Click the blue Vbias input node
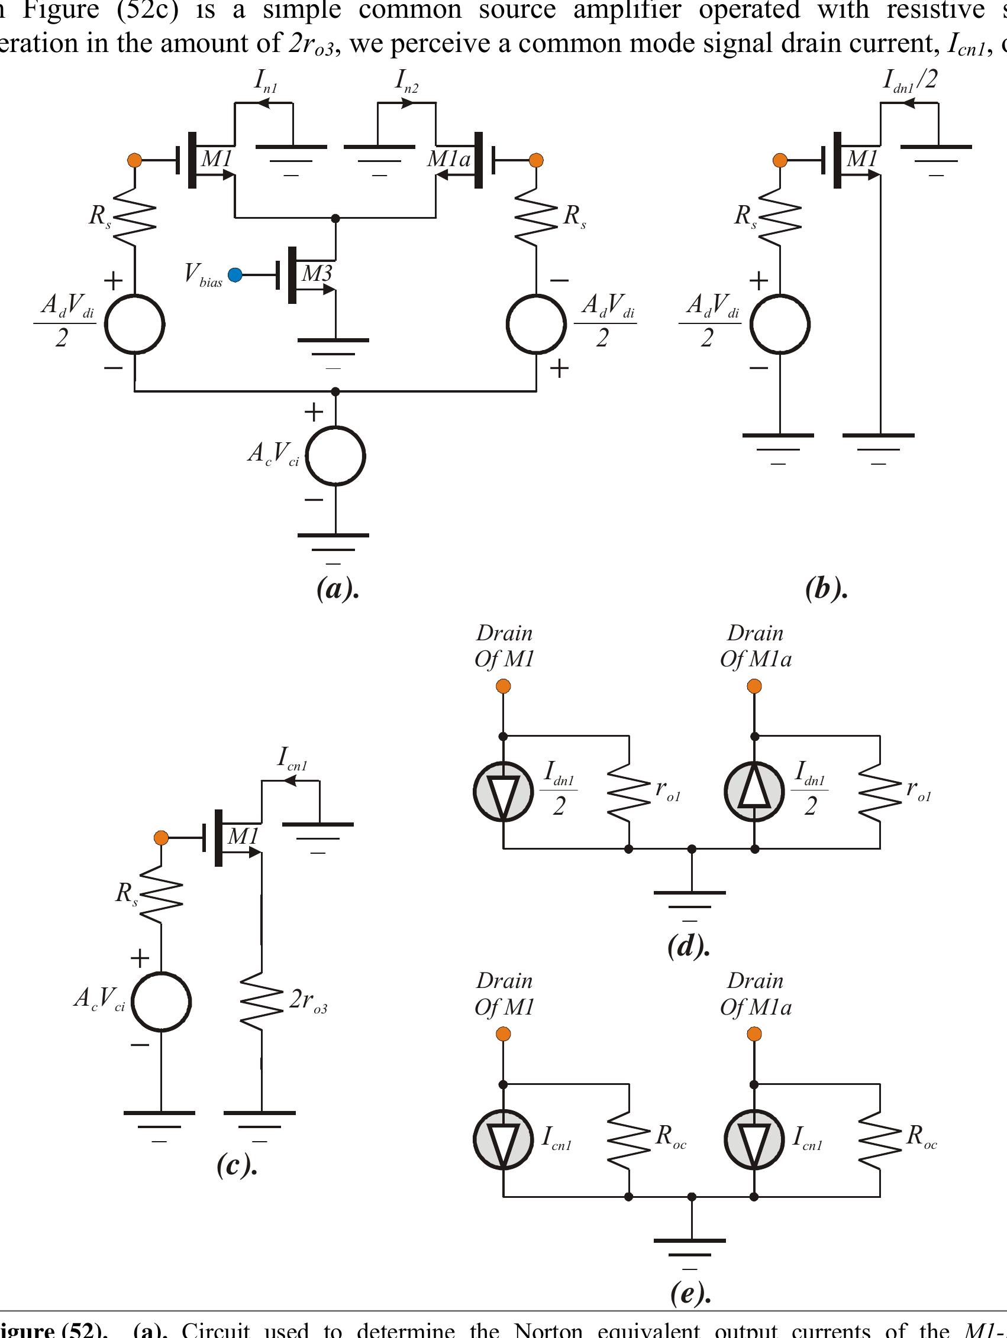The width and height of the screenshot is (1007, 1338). (x=235, y=275)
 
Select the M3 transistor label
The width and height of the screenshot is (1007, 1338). (x=317, y=273)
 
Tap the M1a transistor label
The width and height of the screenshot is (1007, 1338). (x=448, y=159)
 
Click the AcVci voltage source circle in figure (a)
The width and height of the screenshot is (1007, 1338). (x=336, y=455)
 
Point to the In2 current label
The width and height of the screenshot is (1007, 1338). (x=406, y=82)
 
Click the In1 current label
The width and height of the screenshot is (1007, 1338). (x=265, y=82)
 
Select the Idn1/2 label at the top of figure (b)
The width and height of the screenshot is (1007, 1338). (x=909, y=80)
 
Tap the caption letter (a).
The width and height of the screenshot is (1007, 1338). (x=337, y=588)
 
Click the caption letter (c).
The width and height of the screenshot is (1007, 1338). (x=237, y=1165)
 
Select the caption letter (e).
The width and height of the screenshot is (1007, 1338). (x=690, y=1292)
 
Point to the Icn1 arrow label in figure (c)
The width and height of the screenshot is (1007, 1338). (x=292, y=759)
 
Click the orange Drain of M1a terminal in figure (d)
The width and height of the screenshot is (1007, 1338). (x=754, y=686)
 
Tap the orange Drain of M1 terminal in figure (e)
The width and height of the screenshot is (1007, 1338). (x=503, y=1034)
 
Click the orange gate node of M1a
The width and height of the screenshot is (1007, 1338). (x=535, y=160)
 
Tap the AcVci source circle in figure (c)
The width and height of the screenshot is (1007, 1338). (x=162, y=1001)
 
